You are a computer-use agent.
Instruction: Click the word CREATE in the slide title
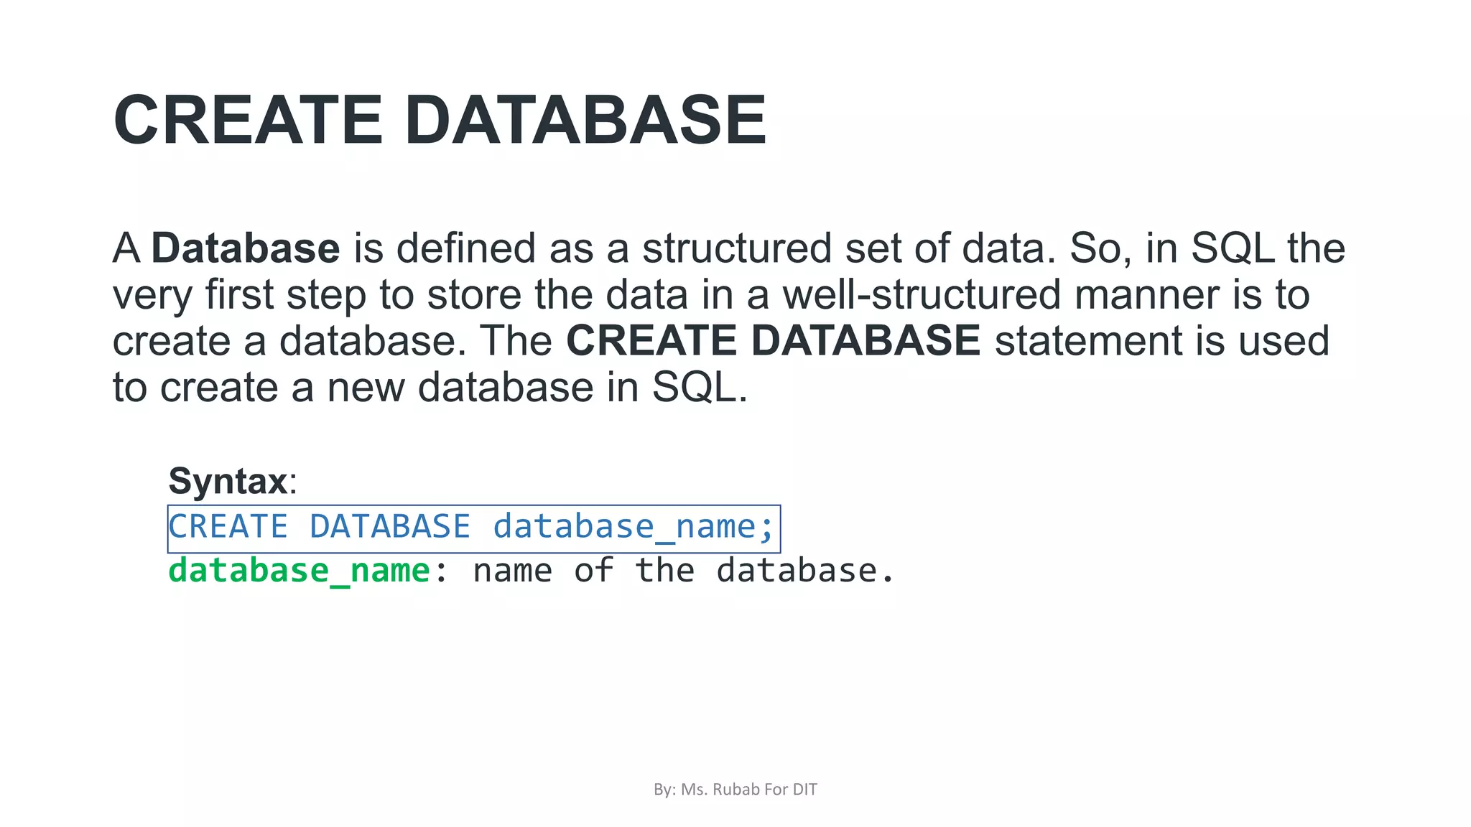pyautogui.click(x=248, y=121)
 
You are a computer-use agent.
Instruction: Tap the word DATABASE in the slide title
pyautogui.click(x=585, y=121)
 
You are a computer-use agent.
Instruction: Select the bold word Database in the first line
pyautogui.click(x=246, y=248)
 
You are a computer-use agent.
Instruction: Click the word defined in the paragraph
pyautogui.click(x=466, y=248)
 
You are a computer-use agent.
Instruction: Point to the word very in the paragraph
pyautogui.click(x=152, y=296)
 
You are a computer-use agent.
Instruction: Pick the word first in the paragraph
pyautogui.click(x=239, y=295)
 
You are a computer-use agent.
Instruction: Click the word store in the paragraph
pyautogui.click(x=474, y=295)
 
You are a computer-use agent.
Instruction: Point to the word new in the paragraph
pyautogui.click(x=366, y=388)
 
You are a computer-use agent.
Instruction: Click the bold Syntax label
pyautogui.click(x=228, y=481)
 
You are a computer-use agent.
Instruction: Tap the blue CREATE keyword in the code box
pyautogui.click(x=228, y=527)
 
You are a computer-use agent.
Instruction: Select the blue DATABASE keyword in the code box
pyautogui.click(x=390, y=527)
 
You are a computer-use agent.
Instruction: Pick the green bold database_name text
pyautogui.click(x=300, y=571)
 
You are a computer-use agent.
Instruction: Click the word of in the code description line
pyautogui.click(x=593, y=571)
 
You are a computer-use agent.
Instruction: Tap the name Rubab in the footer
pyautogui.click(x=735, y=790)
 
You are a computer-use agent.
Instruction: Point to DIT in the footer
pyautogui.click(x=804, y=790)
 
